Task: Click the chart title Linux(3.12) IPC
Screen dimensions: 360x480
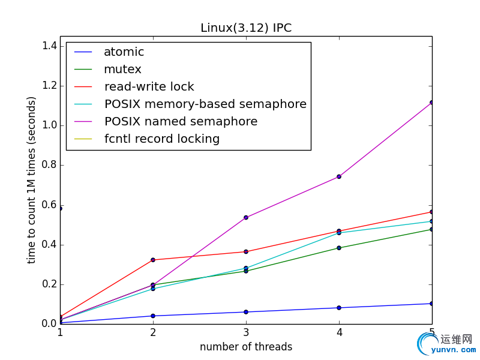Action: (x=246, y=28)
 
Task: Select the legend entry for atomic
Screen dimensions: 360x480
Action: (x=124, y=52)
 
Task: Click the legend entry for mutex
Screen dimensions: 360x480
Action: (x=122, y=70)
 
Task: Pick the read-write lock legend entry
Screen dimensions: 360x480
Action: (x=149, y=87)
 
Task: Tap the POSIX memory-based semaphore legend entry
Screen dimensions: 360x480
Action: (x=205, y=104)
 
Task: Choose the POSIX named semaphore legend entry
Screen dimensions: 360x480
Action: (x=181, y=122)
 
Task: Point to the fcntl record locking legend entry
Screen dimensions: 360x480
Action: (x=162, y=139)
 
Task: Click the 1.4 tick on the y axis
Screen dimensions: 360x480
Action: (x=50, y=46)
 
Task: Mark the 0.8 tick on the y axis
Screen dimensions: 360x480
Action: (x=50, y=165)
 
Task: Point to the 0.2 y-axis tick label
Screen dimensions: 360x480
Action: (x=50, y=284)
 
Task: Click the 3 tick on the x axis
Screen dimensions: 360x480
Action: (x=246, y=332)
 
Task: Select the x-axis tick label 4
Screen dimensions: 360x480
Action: (x=339, y=332)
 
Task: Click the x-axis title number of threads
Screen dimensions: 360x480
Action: (x=246, y=347)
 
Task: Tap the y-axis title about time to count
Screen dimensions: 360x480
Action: (x=32, y=180)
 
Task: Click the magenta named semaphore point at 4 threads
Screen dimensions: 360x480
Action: (x=339, y=176)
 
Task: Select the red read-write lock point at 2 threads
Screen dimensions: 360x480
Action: (x=153, y=260)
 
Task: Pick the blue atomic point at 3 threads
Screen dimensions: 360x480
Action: (x=246, y=312)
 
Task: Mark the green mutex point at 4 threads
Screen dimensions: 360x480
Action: (x=339, y=248)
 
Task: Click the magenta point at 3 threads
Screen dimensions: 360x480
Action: (x=246, y=217)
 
